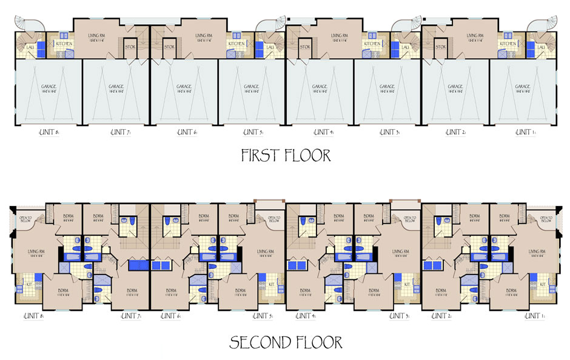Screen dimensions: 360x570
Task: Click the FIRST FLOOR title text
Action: coord(286,155)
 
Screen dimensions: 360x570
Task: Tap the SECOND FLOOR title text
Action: coord(286,343)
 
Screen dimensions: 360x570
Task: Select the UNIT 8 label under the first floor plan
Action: coord(45,132)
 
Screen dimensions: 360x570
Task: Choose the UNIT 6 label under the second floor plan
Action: coord(170,316)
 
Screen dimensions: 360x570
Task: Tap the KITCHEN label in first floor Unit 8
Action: coord(64,44)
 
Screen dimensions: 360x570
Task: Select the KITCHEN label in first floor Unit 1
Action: coord(507,44)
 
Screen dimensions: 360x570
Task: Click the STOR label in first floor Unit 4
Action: coord(305,47)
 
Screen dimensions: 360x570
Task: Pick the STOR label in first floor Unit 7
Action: coord(130,47)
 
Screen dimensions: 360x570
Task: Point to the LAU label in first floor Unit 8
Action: coord(30,47)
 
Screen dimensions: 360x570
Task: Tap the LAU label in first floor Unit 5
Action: coord(270,47)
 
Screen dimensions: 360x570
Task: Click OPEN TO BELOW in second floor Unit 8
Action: coord(25,219)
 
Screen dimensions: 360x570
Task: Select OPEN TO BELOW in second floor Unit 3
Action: coord(409,219)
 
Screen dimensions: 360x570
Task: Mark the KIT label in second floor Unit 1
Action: coord(542,284)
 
